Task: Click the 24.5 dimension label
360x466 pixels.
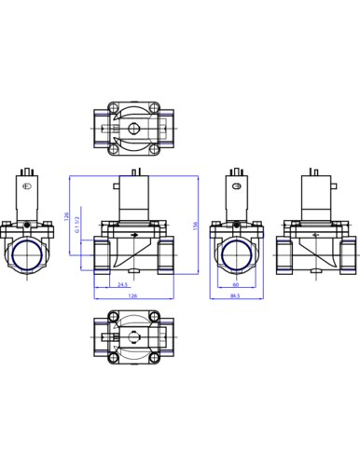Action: click(x=123, y=284)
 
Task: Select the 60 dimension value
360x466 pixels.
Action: click(x=236, y=284)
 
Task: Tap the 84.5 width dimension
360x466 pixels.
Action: click(x=235, y=296)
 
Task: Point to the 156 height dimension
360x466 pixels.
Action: click(x=195, y=226)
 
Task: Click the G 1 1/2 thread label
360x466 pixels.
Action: click(x=77, y=225)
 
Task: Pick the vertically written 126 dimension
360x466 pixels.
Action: click(x=66, y=216)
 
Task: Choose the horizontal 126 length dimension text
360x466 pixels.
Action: click(x=132, y=295)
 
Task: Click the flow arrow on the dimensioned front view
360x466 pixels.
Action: click(x=134, y=235)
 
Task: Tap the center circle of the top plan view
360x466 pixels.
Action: click(x=134, y=129)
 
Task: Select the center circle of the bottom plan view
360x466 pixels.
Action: click(x=134, y=337)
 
